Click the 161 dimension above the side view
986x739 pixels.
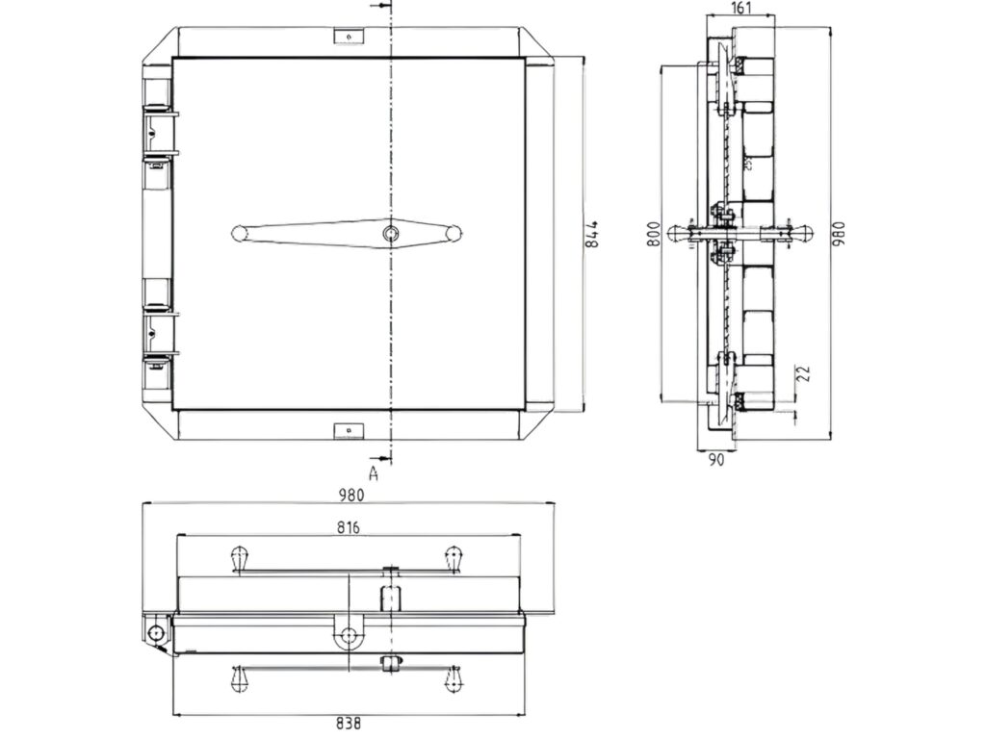(x=740, y=9)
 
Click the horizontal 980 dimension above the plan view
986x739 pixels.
(x=351, y=496)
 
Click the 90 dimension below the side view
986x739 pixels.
(x=716, y=460)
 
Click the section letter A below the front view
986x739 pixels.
(x=375, y=472)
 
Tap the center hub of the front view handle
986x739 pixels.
(x=389, y=233)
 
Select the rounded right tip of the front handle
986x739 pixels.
(x=454, y=233)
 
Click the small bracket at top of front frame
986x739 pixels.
(x=346, y=37)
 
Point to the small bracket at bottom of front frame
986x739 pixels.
(x=346, y=429)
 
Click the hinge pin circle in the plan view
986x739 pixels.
(x=155, y=633)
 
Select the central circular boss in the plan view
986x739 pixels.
(x=348, y=635)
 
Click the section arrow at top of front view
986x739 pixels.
(x=384, y=8)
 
